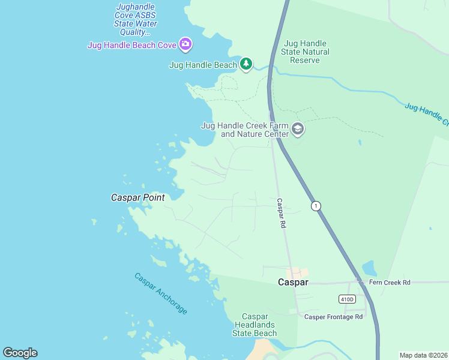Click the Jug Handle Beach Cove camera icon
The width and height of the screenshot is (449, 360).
tap(185, 44)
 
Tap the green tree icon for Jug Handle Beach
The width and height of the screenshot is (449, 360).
tap(246, 64)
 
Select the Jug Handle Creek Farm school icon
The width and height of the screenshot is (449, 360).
tap(297, 129)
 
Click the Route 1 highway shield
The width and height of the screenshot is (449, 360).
tap(316, 206)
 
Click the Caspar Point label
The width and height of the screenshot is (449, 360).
tap(138, 197)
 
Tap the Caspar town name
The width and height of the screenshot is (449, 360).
tap(293, 282)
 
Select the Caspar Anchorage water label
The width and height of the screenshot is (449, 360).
tap(161, 293)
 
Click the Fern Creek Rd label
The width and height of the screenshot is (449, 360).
tap(390, 282)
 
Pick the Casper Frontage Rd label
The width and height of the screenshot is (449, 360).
tap(334, 317)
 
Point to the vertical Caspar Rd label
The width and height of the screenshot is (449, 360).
tap(281, 213)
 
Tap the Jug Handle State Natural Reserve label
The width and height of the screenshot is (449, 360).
tap(306, 52)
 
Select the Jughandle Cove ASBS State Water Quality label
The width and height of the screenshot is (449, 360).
tap(136, 19)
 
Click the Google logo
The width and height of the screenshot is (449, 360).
tap(20, 353)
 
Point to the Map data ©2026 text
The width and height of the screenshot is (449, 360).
tap(423, 355)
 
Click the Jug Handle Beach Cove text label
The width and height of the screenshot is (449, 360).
tap(132, 44)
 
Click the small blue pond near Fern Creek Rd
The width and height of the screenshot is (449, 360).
tap(370, 268)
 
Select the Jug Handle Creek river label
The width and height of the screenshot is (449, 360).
tap(426, 115)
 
